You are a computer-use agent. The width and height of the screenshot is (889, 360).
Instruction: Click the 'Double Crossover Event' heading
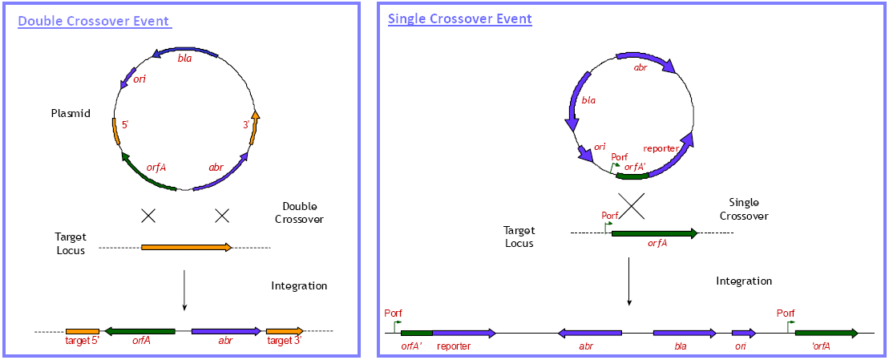click(95, 22)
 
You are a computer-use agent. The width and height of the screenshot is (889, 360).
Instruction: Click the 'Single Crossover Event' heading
click(460, 18)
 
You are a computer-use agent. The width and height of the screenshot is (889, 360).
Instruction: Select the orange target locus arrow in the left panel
click(187, 247)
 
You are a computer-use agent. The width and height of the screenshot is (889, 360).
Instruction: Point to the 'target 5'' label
click(83, 341)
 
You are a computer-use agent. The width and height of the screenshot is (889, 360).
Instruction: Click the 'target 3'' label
click(284, 341)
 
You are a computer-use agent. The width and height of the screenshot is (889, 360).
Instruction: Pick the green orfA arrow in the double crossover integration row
click(139, 331)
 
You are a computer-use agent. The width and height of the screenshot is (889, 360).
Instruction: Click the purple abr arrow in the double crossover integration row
click(227, 331)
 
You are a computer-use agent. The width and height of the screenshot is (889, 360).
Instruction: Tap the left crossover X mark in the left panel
click(148, 215)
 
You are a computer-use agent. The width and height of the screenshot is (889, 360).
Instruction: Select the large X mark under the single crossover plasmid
click(631, 204)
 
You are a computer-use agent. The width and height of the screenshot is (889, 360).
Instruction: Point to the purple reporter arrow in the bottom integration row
click(464, 334)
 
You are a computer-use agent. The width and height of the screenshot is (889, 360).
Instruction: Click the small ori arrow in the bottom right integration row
click(744, 334)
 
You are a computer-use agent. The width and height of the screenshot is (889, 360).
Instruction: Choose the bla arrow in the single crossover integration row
click(685, 334)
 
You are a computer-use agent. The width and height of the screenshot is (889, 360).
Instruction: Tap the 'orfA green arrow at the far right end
click(826, 334)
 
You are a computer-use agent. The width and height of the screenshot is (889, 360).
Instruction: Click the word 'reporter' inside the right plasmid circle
click(662, 148)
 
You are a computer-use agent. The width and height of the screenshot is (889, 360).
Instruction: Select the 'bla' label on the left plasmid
click(185, 59)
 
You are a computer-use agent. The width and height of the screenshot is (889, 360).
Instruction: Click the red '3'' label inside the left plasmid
click(247, 126)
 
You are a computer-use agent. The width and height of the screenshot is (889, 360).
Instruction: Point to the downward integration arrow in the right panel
click(628, 281)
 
